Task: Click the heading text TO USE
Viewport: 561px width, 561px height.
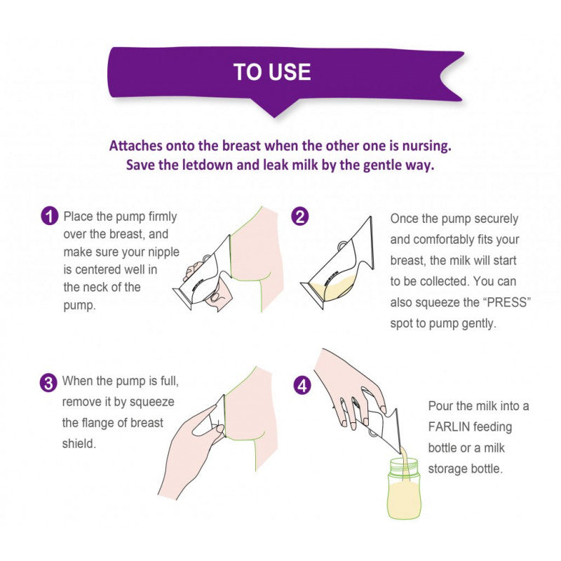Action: [272, 72]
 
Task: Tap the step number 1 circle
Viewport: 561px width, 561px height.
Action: [49, 216]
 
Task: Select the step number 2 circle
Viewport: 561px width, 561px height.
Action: [300, 216]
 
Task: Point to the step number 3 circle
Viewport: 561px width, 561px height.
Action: [48, 382]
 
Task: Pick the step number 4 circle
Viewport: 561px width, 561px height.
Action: [302, 385]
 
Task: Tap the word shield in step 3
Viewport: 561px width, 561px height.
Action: [79, 444]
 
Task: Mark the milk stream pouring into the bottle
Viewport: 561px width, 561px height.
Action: [405, 457]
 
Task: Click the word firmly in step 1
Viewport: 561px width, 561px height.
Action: [163, 217]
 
